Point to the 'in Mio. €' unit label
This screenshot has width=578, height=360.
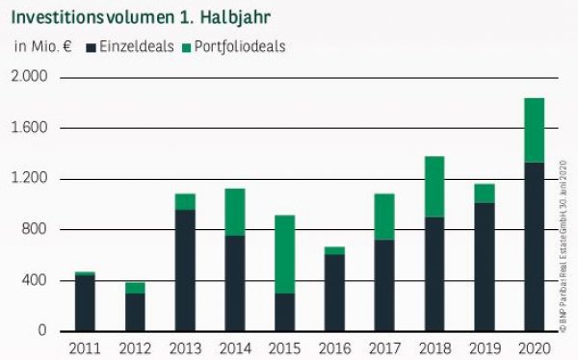(x=43, y=46)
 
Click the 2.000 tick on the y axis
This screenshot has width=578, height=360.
(x=28, y=77)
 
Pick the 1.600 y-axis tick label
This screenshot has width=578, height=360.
(x=28, y=128)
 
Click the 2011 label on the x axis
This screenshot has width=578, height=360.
(x=85, y=347)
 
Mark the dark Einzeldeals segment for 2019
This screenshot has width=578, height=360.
(x=485, y=267)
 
